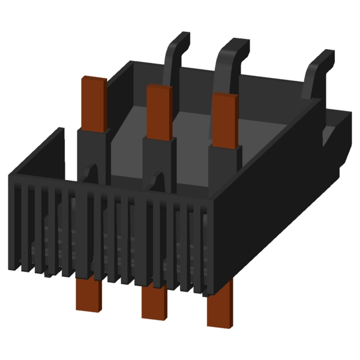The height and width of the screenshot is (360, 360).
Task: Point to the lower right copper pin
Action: coord(219,309)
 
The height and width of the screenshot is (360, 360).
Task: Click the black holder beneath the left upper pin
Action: coord(93,150)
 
